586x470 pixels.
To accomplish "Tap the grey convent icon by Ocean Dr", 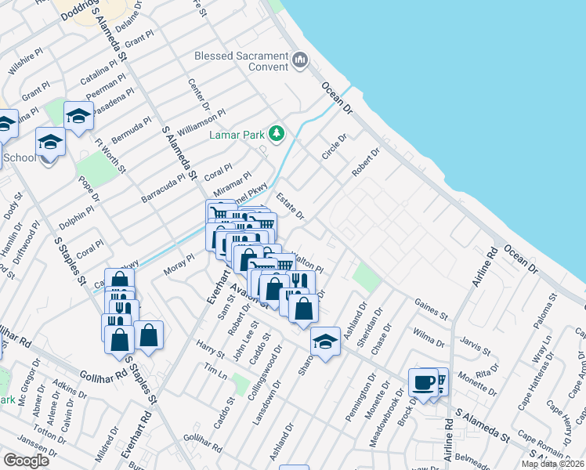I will pyautogui.click(x=300, y=60).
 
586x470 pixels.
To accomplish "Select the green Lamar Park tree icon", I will pyautogui.click(x=276, y=133).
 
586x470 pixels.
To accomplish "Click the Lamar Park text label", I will pyautogui.click(x=237, y=135).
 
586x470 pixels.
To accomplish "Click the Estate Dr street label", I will pyautogui.click(x=290, y=207).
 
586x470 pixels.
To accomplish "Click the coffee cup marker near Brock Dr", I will pyautogui.click(x=423, y=383).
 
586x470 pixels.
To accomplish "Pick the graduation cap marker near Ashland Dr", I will pyautogui.click(x=326, y=341).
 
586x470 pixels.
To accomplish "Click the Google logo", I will pyautogui.click(x=26, y=461).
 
